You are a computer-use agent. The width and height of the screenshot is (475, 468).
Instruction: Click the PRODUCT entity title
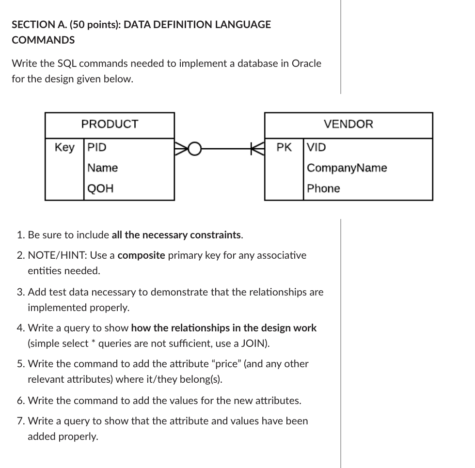pyautogui.click(x=110, y=124)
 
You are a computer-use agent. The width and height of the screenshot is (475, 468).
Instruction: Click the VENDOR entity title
pyautogui.click(x=348, y=124)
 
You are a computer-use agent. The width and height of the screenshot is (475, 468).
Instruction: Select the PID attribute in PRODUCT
pyautogui.click(x=97, y=147)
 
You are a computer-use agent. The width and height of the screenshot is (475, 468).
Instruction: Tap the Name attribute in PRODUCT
pyautogui.click(x=102, y=168)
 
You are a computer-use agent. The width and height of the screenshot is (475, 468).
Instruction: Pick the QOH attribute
pyautogui.click(x=100, y=188)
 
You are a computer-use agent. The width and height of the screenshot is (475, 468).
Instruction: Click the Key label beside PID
pyautogui.click(x=64, y=147)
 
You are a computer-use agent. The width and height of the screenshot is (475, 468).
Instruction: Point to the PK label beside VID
pyautogui.click(x=284, y=147)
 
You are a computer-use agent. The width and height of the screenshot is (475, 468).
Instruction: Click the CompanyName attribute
pyautogui.click(x=347, y=168)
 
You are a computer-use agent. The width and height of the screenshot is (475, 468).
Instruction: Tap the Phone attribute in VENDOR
pyautogui.click(x=323, y=188)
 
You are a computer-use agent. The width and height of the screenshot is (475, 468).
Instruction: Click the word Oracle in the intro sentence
pyautogui.click(x=306, y=63)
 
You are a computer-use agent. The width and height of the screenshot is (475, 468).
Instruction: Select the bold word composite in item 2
pyautogui.click(x=141, y=255)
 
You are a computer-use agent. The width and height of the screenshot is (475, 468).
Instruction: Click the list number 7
pyautogui.click(x=20, y=421)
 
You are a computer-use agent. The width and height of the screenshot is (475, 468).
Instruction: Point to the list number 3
pyautogui.click(x=20, y=292)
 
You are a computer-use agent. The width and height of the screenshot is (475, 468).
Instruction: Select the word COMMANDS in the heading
pyautogui.click(x=43, y=40)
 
